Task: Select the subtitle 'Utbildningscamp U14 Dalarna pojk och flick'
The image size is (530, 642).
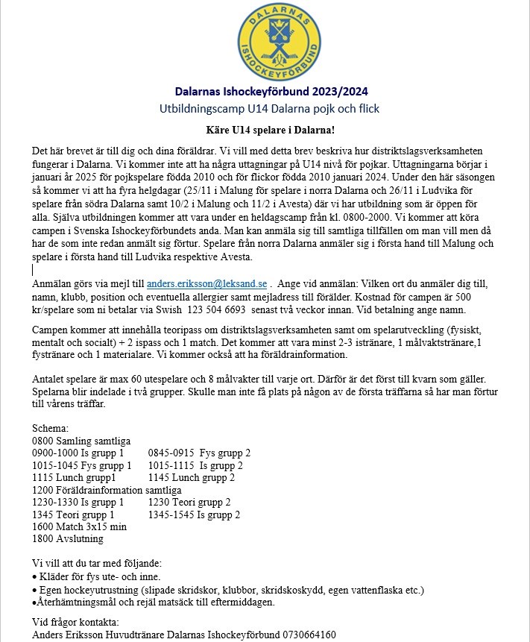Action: (269, 109)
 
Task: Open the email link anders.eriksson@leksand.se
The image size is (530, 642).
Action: (206, 284)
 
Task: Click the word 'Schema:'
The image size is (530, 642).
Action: (51, 429)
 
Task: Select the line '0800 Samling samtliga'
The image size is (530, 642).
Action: (82, 441)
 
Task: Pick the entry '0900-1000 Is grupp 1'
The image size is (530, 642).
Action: (82, 453)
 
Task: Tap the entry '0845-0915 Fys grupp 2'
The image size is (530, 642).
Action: (199, 453)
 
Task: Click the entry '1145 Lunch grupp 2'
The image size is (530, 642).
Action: (192, 478)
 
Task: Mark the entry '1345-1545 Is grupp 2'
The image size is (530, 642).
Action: (194, 514)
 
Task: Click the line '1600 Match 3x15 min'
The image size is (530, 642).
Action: (80, 526)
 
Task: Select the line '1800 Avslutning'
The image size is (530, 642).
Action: (68, 538)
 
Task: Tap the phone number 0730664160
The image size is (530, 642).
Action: (309, 635)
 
